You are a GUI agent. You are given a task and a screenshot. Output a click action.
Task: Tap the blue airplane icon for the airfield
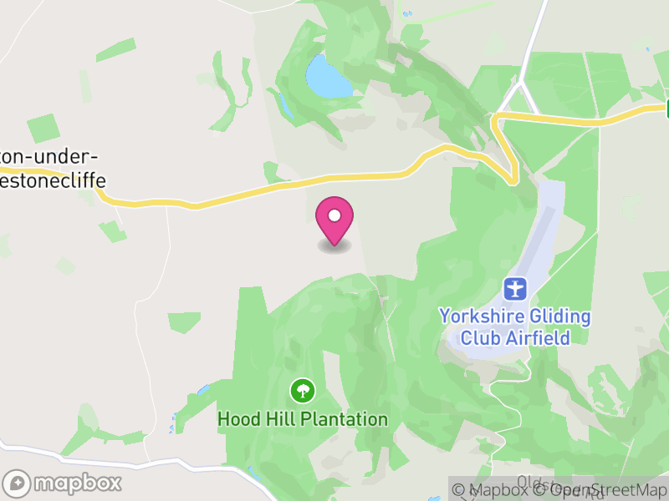516,290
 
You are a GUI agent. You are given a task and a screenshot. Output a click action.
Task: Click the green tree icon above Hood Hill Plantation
302,390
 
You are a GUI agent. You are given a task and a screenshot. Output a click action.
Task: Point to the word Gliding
562,317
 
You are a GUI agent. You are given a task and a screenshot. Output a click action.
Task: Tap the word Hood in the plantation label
237,419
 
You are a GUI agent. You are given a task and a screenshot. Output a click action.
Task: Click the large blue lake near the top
328,78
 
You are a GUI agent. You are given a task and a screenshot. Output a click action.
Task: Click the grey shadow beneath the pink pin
334,247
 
